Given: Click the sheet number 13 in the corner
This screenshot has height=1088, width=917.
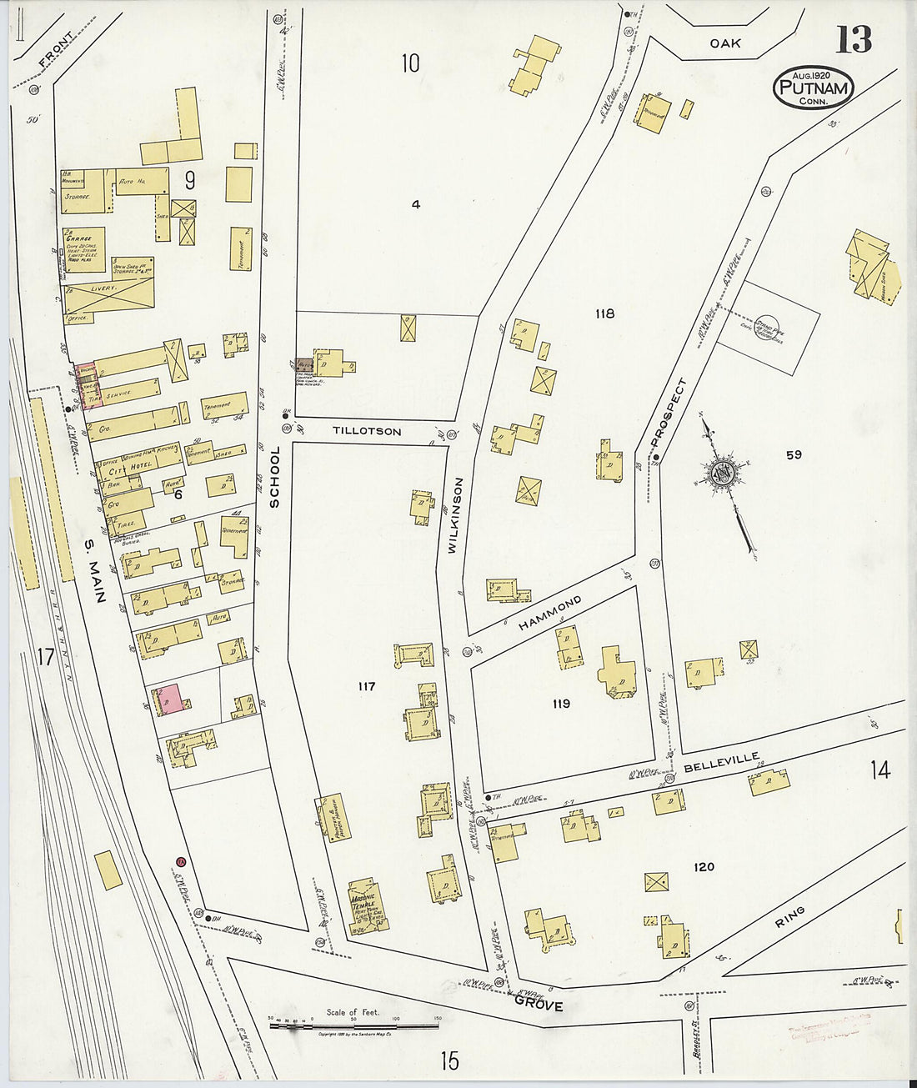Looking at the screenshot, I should [854, 39].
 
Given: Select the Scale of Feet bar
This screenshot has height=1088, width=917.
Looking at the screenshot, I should [353, 1025].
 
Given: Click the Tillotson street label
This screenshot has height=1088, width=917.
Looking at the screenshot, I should [367, 432].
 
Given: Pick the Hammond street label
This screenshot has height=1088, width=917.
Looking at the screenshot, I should [549, 613].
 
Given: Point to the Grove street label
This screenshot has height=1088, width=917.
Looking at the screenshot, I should [538, 1005].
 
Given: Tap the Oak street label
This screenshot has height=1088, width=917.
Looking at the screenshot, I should [725, 43].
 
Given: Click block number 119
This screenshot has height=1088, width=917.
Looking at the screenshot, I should [561, 704].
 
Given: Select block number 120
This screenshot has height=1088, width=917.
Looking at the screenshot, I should [704, 867].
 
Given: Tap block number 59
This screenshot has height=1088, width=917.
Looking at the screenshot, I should [793, 454].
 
